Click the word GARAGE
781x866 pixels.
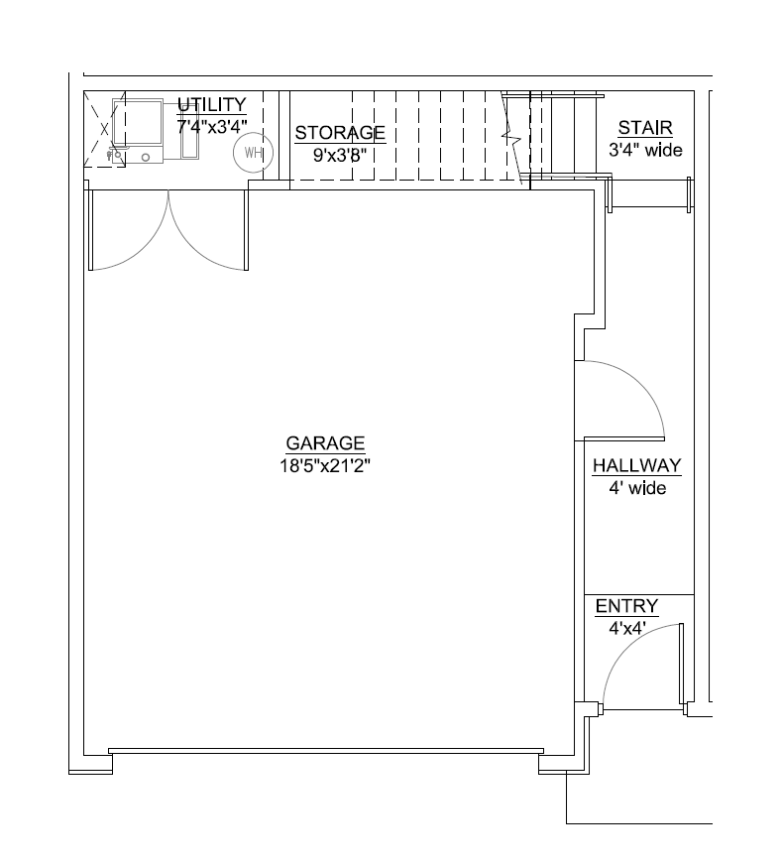[x=325, y=443]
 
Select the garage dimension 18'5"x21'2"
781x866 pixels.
[x=325, y=464]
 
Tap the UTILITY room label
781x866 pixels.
[x=211, y=105]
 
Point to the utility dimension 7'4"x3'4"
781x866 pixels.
[x=211, y=126]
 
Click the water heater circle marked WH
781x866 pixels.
[x=252, y=153]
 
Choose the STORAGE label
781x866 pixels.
[x=340, y=133]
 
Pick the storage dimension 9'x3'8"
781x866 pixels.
[x=340, y=155]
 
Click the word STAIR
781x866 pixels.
[x=645, y=128]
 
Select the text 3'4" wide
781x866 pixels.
[x=645, y=151]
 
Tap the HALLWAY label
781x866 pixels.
[x=636, y=466]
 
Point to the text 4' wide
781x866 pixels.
[x=636, y=488]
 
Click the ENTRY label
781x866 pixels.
[x=626, y=607]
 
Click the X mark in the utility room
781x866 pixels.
[x=105, y=128]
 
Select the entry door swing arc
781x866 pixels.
[x=624, y=646]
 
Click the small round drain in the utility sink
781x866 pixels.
[x=146, y=157]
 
